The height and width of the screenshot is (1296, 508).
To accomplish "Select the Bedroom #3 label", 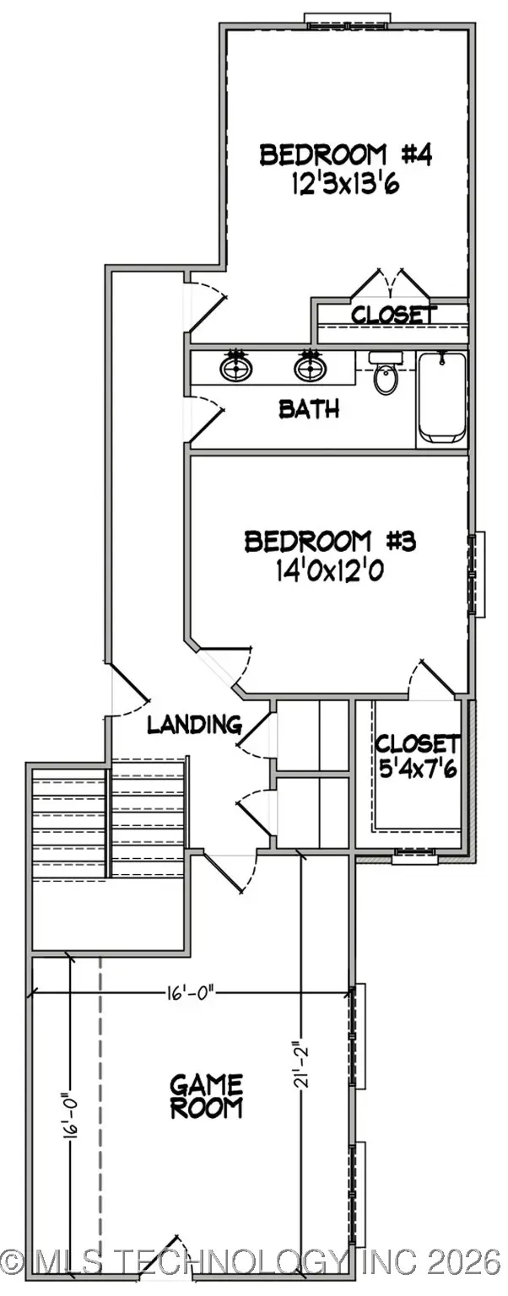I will click(x=330, y=541).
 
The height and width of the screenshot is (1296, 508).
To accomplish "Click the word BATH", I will click(x=309, y=410).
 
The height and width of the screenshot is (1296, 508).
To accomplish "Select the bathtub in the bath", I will click(x=442, y=397).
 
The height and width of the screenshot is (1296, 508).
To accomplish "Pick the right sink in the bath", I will click(x=309, y=368).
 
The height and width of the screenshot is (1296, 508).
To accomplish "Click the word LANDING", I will click(x=195, y=724).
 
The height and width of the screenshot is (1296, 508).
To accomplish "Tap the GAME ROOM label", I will click(x=207, y=1095).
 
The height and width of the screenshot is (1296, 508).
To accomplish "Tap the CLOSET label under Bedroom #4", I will click(x=394, y=316).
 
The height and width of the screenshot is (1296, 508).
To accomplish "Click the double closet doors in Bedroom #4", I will click(x=389, y=285).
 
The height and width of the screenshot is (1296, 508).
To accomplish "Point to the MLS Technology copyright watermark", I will click(x=253, y=1262).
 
